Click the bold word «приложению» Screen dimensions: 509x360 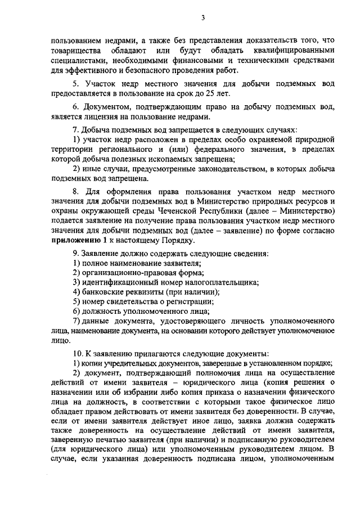72,241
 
